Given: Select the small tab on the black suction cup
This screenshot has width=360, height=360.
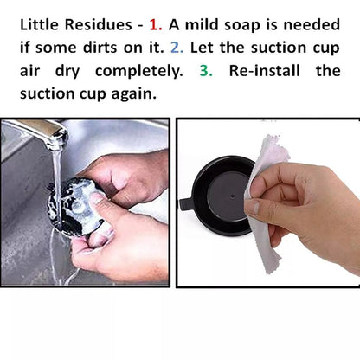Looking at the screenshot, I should pos(184,204).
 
